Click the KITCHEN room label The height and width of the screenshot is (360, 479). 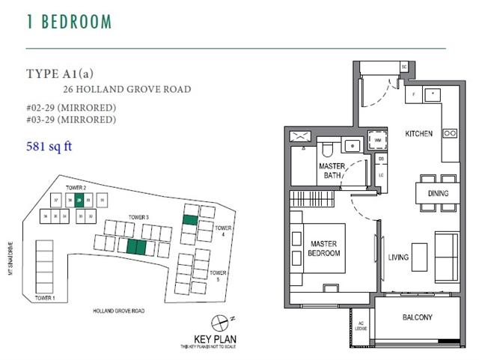click(x=418, y=134)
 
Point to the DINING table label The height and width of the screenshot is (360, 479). click(x=438, y=194)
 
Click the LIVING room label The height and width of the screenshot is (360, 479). click(x=398, y=258)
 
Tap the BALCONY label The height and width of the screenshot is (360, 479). click(x=417, y=317)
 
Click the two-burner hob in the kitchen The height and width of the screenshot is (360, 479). click(x=450, y=134)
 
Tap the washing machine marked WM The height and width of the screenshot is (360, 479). click(x=378, y=140)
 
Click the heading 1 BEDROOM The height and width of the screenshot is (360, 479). click(x=69, y=22)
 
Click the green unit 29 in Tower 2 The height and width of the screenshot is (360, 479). click(x=79, y=200)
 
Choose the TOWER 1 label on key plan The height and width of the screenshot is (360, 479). click(x=45, y=298)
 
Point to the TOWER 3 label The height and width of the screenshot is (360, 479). click(x=138, y=217)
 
